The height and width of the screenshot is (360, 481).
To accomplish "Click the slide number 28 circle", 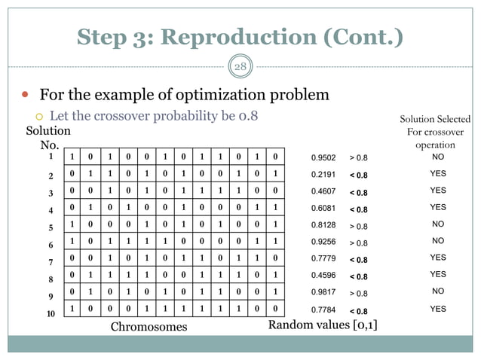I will [240, 66].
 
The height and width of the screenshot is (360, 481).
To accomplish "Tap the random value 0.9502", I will [324, 158].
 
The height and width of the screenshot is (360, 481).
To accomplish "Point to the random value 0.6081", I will [324, 209].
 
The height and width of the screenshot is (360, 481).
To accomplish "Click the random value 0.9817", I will [324, 292].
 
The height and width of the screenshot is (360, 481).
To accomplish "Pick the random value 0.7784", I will [324, 309].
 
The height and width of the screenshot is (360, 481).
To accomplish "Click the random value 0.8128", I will [324, 225].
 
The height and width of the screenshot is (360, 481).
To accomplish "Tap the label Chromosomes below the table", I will [149, 327].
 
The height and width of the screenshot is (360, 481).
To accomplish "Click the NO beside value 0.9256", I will [437, 242].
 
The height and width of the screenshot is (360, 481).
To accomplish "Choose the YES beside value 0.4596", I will [437, 275].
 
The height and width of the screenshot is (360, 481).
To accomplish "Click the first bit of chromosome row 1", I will [72, 157].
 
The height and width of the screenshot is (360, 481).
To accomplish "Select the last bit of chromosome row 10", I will [277, 309].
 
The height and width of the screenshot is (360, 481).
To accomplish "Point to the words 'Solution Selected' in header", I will [435, 119].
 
